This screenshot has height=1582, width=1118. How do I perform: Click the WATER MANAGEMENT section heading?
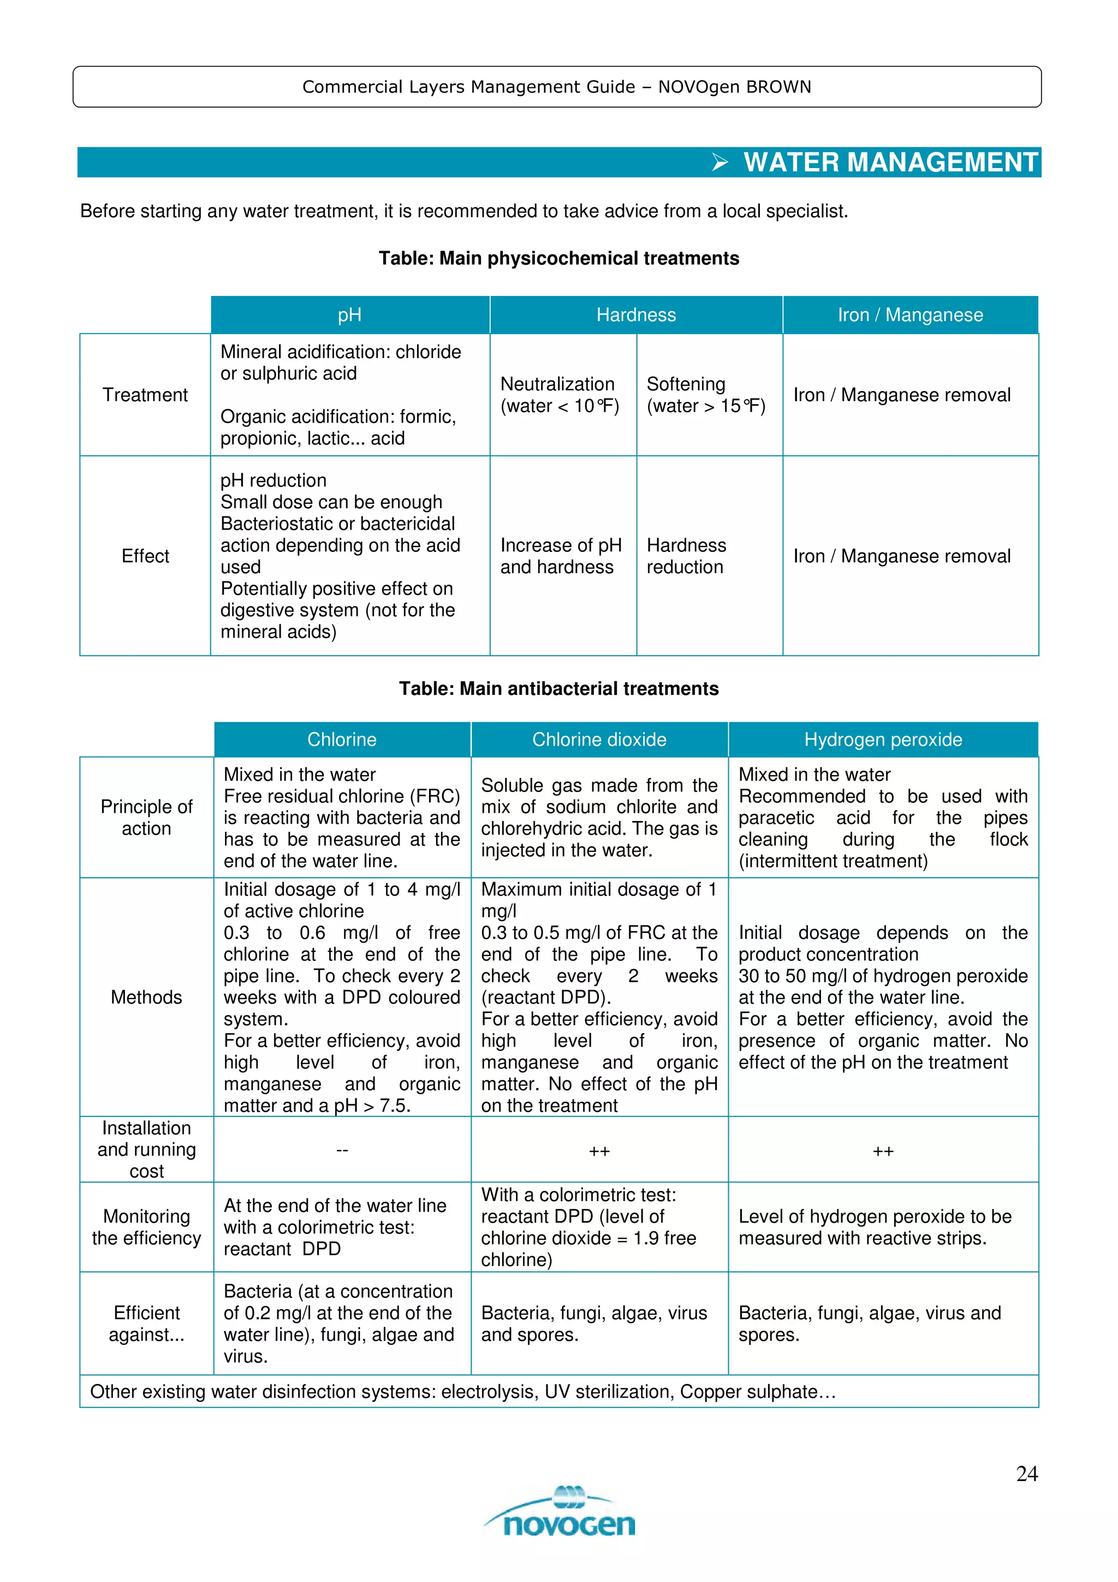point(890,163)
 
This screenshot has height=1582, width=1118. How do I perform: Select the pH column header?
point(349,315)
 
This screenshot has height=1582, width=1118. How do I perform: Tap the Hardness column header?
point(636,315)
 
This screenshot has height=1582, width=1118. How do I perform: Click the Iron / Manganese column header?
point(910,315)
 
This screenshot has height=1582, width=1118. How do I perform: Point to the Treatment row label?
point(145,395)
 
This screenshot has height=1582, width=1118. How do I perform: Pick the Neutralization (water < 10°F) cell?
point(560,395)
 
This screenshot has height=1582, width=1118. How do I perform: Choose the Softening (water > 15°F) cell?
point(705,395)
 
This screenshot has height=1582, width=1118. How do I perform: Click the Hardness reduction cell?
point(686,556)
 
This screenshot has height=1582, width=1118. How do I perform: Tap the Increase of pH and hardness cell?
point(560,556)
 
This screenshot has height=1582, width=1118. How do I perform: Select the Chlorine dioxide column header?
point(599,739)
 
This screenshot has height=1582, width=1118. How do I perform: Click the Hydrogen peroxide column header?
point(883,739)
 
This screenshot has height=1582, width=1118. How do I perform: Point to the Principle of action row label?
point(146,817)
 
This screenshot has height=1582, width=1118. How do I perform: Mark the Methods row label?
point(146,997)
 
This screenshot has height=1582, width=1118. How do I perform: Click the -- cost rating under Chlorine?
point(342,1150)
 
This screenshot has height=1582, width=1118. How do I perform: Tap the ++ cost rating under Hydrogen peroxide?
point(883,1151)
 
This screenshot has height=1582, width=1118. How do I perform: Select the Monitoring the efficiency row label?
point(146,1227)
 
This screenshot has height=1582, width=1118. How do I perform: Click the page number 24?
point(1026,1473)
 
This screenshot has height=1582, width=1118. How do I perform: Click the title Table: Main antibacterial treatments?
point(558,688)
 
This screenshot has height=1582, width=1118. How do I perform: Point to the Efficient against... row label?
point(146,1324)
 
